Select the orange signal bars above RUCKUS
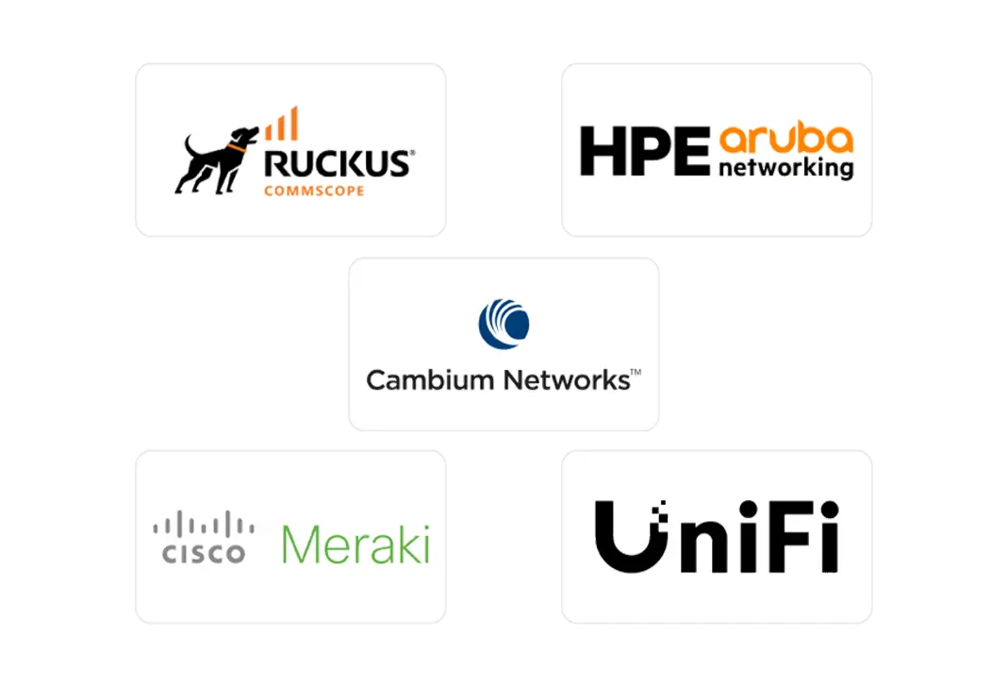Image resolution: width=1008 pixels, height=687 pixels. click(x=281, y=125)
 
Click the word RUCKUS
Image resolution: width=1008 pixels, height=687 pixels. click(x=338, y=163)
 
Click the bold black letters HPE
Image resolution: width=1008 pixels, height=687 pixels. click(x=643, y=152)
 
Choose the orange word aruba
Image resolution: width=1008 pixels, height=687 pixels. click(x=785, y=140)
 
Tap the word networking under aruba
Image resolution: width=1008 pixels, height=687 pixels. click(x=785, y=169)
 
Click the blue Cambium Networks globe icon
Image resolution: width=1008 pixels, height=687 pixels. click(x=504, y=321)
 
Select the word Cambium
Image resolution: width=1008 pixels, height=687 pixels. click(x=430, y=380)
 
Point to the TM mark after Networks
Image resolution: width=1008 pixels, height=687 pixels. click(x=636, y=374)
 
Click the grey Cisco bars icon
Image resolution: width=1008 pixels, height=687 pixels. click(x=204, y=525)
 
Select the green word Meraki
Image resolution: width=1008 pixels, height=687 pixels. click(x=355, y=545)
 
